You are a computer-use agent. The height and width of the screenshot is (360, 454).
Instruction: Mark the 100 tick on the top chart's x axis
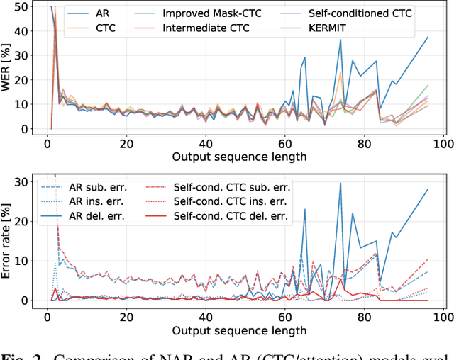click(x=443, y=144)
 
